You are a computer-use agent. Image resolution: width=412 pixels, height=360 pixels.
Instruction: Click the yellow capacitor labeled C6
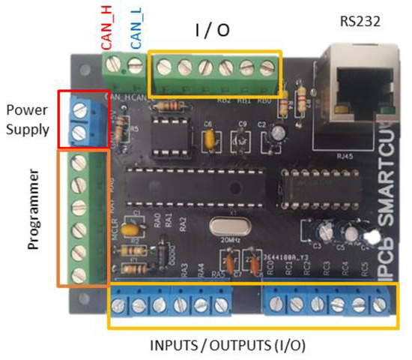[210, 138]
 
